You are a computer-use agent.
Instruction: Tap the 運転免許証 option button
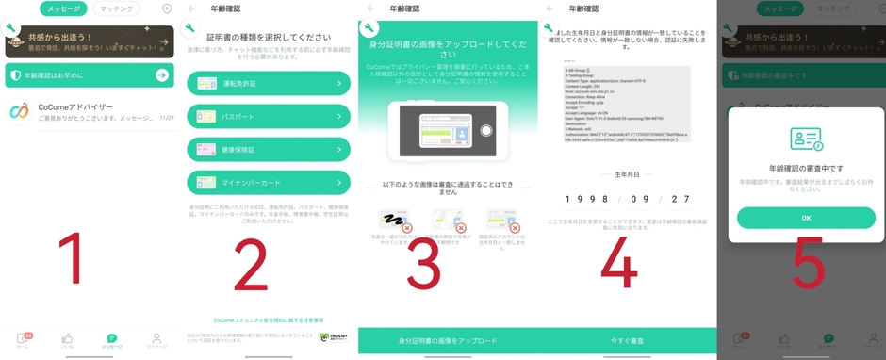pyautogui.click(x=270, y=84)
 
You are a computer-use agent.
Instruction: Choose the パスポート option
pyautogui.click(x=270, y=117)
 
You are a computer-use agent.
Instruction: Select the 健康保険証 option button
pyautogui.click(x=270, y=149)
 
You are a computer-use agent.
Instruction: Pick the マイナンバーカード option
pyautogui.click(x=270, y=182)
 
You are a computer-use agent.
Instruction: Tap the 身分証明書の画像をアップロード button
pyautogui.click(x=448, y=340)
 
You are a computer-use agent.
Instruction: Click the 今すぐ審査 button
pyautogui.click(x=627, y=340)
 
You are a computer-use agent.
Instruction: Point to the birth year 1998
pyautogui.click(x=582, y=199)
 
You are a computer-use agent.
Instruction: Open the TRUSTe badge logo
pyautogui.click(x=333, y=336)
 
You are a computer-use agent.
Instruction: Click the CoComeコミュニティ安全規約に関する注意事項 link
pyautogui.click(x=269, y=320)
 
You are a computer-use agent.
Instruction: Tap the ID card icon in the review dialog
pyautogui.click(x=806, y=139)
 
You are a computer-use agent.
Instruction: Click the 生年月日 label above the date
pyautogui.click(x=627, y=174)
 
